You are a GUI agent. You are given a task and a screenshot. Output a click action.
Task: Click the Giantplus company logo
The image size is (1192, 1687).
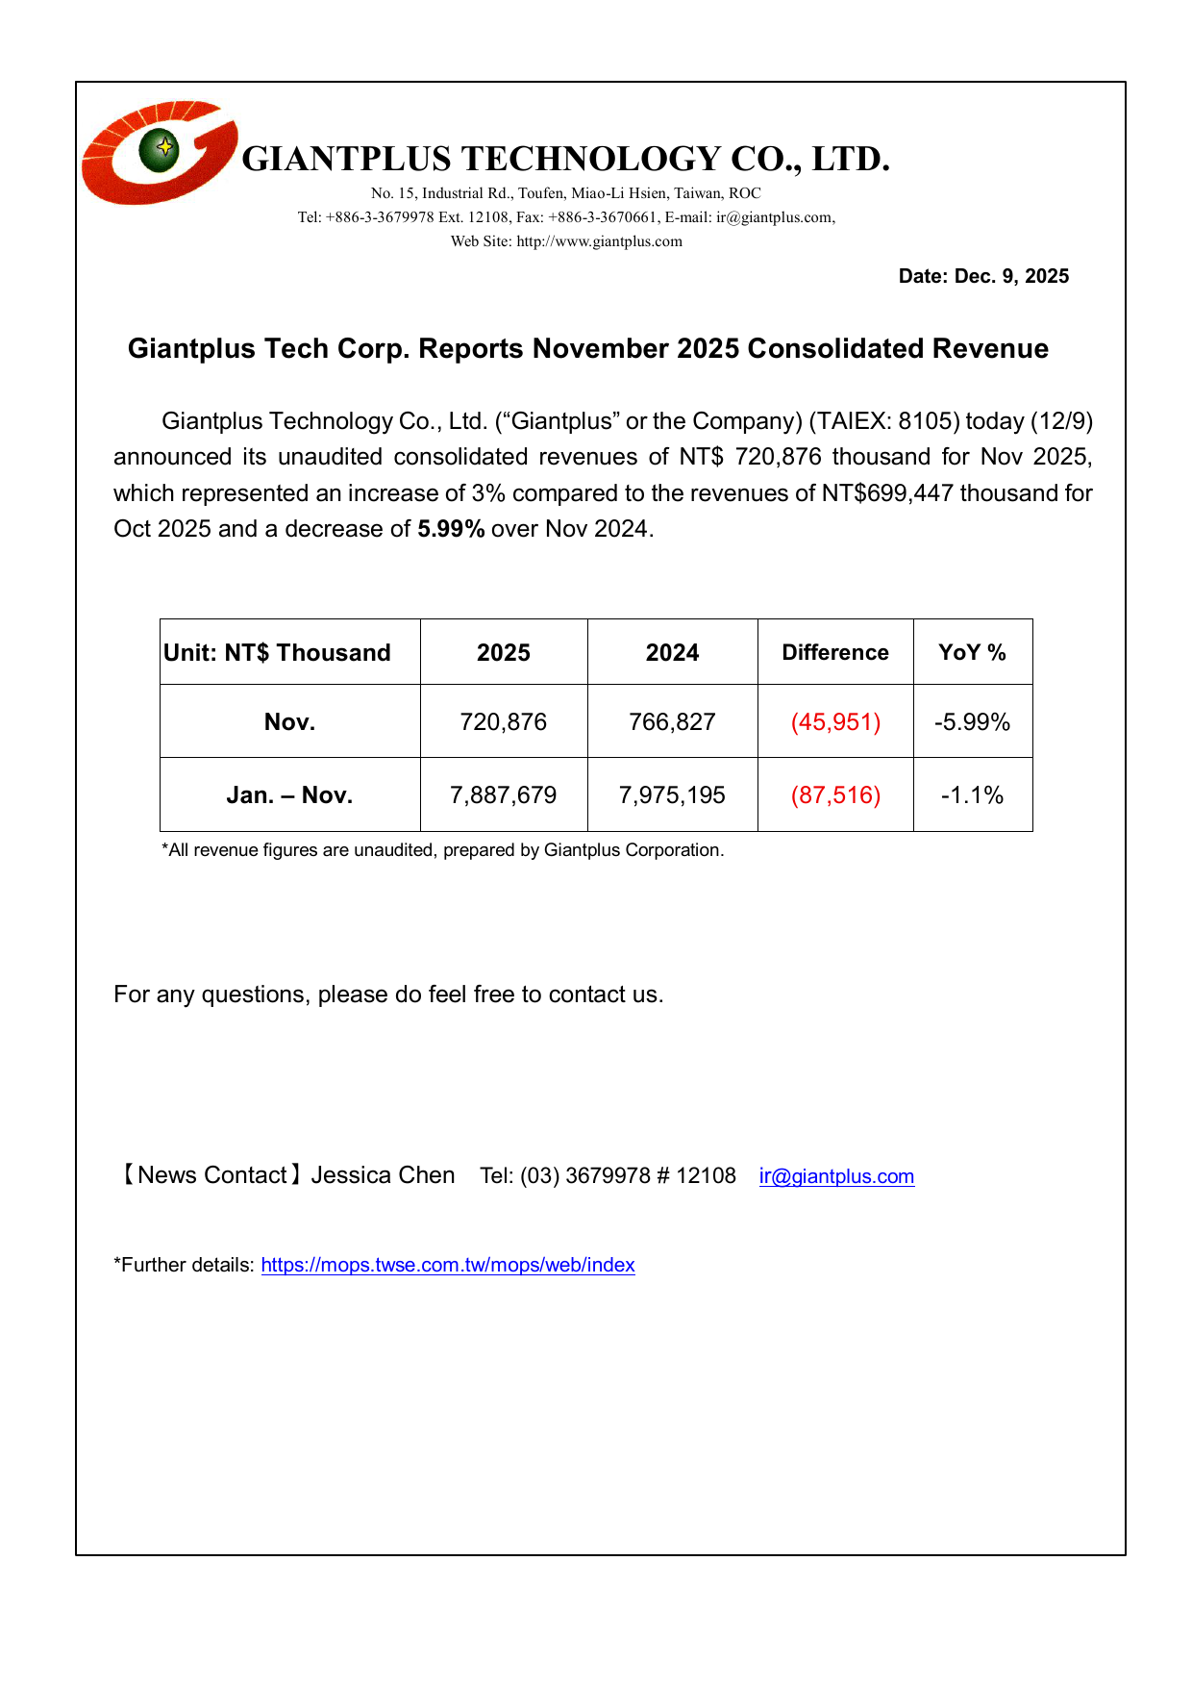point(160,152)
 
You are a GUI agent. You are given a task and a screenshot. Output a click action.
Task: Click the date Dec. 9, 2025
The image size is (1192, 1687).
point(983,277)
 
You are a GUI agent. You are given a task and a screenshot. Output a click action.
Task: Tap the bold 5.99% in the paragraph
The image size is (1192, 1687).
point(451,529)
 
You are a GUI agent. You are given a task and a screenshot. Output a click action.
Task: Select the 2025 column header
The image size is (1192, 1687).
point(503,653)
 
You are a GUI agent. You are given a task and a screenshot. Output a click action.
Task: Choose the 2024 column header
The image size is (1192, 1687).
point(672,653)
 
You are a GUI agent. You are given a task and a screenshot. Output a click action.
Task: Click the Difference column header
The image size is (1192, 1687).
point(834,653)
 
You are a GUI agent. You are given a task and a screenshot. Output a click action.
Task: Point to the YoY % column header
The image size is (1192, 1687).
point(972,653)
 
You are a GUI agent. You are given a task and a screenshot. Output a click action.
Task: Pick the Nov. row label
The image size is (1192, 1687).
point(289,722)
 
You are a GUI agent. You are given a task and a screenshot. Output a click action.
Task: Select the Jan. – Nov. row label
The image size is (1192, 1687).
point(289,795)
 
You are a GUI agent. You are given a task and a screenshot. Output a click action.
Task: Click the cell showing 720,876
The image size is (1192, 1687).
point(503,722)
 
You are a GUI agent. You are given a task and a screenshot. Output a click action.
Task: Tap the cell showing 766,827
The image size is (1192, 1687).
point(672,722)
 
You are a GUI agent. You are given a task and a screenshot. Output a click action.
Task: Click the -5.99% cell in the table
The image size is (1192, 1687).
point(972,722)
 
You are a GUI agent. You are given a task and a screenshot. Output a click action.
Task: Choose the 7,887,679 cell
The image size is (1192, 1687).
point(503,795)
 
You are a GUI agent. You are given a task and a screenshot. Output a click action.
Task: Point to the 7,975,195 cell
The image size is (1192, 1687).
point(672,795)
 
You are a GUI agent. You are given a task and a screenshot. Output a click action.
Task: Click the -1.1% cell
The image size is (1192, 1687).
point(972,795)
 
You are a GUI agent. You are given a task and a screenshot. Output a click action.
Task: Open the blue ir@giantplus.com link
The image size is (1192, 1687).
point(836,1176)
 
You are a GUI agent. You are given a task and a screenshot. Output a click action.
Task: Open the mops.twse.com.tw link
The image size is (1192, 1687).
point(447,1265)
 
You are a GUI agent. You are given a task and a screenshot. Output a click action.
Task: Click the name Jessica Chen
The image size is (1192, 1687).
point(383,1175)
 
